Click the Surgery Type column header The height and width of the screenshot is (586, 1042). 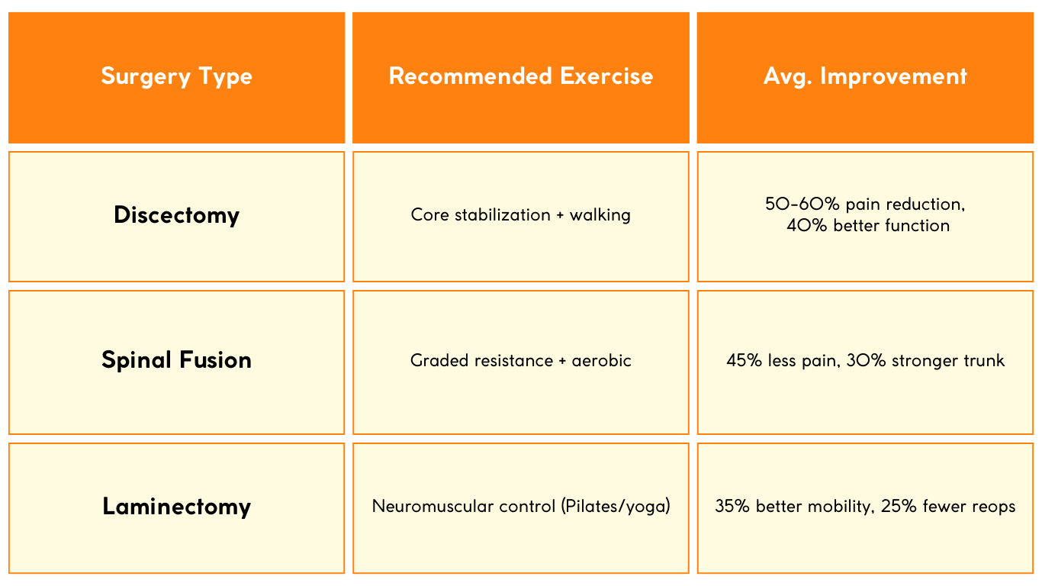pos(176,76)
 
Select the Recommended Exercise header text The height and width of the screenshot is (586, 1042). pos(520,76)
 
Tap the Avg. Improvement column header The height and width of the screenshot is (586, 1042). pos(865,76)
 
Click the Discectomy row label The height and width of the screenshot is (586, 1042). pos(176,215)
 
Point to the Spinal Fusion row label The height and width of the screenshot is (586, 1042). pos(176,360)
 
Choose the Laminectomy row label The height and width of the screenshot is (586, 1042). pos(176,507)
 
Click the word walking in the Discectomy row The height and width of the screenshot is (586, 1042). pos(600,215)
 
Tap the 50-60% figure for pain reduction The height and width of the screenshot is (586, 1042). pos(802,204)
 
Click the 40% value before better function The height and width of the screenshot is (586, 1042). pos(806,226)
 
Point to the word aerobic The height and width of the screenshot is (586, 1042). pos(601,361)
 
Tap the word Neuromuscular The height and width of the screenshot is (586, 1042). pos(433,507)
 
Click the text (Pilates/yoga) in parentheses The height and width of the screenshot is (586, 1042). pos(616,507)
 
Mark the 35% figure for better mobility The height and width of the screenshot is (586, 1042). pos(732,507)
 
